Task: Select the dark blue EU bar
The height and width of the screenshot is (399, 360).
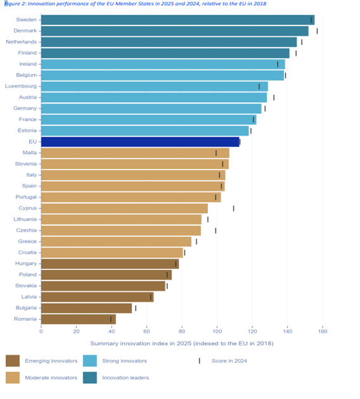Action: [140, 141]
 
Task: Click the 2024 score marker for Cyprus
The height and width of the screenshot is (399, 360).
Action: [233, 208]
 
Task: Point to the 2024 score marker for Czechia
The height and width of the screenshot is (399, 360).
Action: [215, 230]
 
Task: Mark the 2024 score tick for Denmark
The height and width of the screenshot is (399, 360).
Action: [317, 30]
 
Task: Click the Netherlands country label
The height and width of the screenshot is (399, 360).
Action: [22, 42]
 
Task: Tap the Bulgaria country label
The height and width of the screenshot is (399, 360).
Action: [24, 308]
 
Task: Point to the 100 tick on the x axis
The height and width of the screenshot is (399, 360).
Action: [217, 330]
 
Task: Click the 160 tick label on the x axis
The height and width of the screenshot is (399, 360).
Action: [323, 330]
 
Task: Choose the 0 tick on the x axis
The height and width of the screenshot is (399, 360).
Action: [41, 330]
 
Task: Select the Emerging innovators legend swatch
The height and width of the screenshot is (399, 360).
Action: [13, 360]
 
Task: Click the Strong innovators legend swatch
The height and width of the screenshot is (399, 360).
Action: [90, 360]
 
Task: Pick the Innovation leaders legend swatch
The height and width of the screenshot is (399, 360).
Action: [90, 377]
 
